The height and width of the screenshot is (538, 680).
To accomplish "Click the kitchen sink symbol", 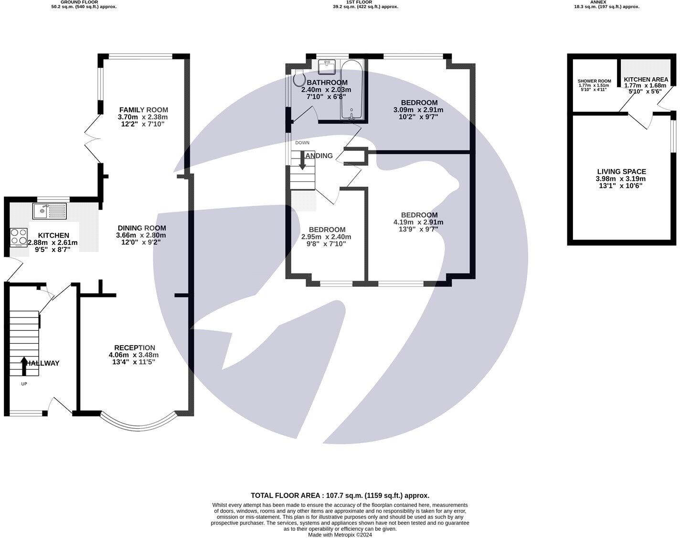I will click(x=49, y=211).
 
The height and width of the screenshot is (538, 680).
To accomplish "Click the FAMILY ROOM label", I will click(x=143, y=110).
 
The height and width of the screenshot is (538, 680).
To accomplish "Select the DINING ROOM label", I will click(x=142, y=228).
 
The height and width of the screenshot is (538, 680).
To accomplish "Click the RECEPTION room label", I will click(x=134, y=348).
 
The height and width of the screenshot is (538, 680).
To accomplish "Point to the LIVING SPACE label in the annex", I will click(x=621, y=171).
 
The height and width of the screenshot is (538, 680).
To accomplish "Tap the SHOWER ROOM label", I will click(x=594, y=81).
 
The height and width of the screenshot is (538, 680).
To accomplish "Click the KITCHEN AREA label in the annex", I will click(x=646, y=80).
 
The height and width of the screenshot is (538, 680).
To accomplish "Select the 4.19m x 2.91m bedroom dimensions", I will click(x=418, y=222).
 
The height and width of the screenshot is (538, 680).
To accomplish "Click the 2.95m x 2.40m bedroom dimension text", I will click(x=326, y=237).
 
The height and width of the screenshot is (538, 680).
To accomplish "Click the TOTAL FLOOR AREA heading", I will click(x=340, y=496).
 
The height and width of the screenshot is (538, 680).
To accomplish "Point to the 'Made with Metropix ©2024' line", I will click(x=340, y=535).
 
